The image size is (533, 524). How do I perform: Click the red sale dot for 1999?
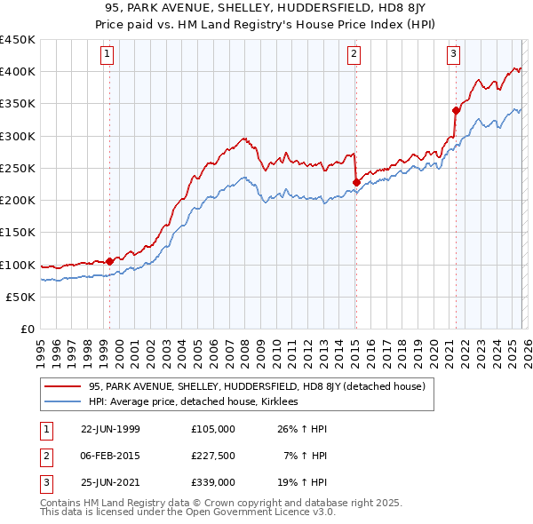(109, 261)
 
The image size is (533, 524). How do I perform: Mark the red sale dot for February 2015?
(355, 183)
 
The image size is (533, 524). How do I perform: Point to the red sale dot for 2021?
(456, 111)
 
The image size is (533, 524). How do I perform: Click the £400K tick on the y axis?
(18, 72)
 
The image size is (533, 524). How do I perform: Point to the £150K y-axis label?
(18, 233)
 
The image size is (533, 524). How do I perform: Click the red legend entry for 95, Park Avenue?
(258, 386)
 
